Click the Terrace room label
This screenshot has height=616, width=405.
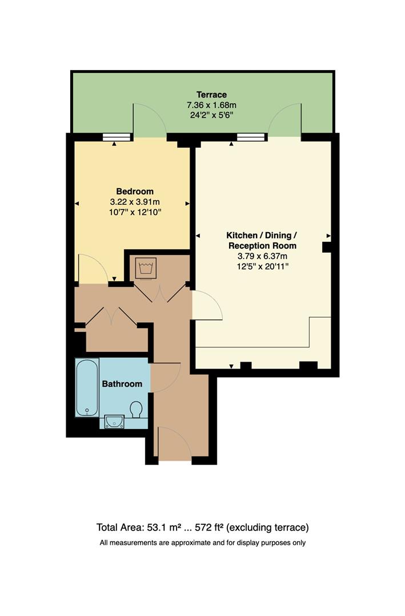click(211, 95)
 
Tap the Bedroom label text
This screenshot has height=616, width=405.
click(135, 191)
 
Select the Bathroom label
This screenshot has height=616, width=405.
click(122, 384)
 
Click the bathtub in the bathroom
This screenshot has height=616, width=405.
click(87, 388)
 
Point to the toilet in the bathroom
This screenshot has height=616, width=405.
click(137, 410)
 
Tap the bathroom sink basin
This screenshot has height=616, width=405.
click(115, 421)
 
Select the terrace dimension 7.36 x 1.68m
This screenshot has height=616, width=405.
click(211, 105)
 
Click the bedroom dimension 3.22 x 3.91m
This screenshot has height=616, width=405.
click(135, 202)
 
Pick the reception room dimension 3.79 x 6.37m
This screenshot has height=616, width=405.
click(262, 256)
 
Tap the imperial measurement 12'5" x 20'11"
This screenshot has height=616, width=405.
click(262, 266)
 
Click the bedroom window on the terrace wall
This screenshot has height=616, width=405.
click(115, 137)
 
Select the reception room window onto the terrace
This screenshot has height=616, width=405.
click(251, 137)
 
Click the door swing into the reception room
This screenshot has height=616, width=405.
click(206, 306)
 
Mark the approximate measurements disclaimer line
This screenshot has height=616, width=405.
click(202, 542)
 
